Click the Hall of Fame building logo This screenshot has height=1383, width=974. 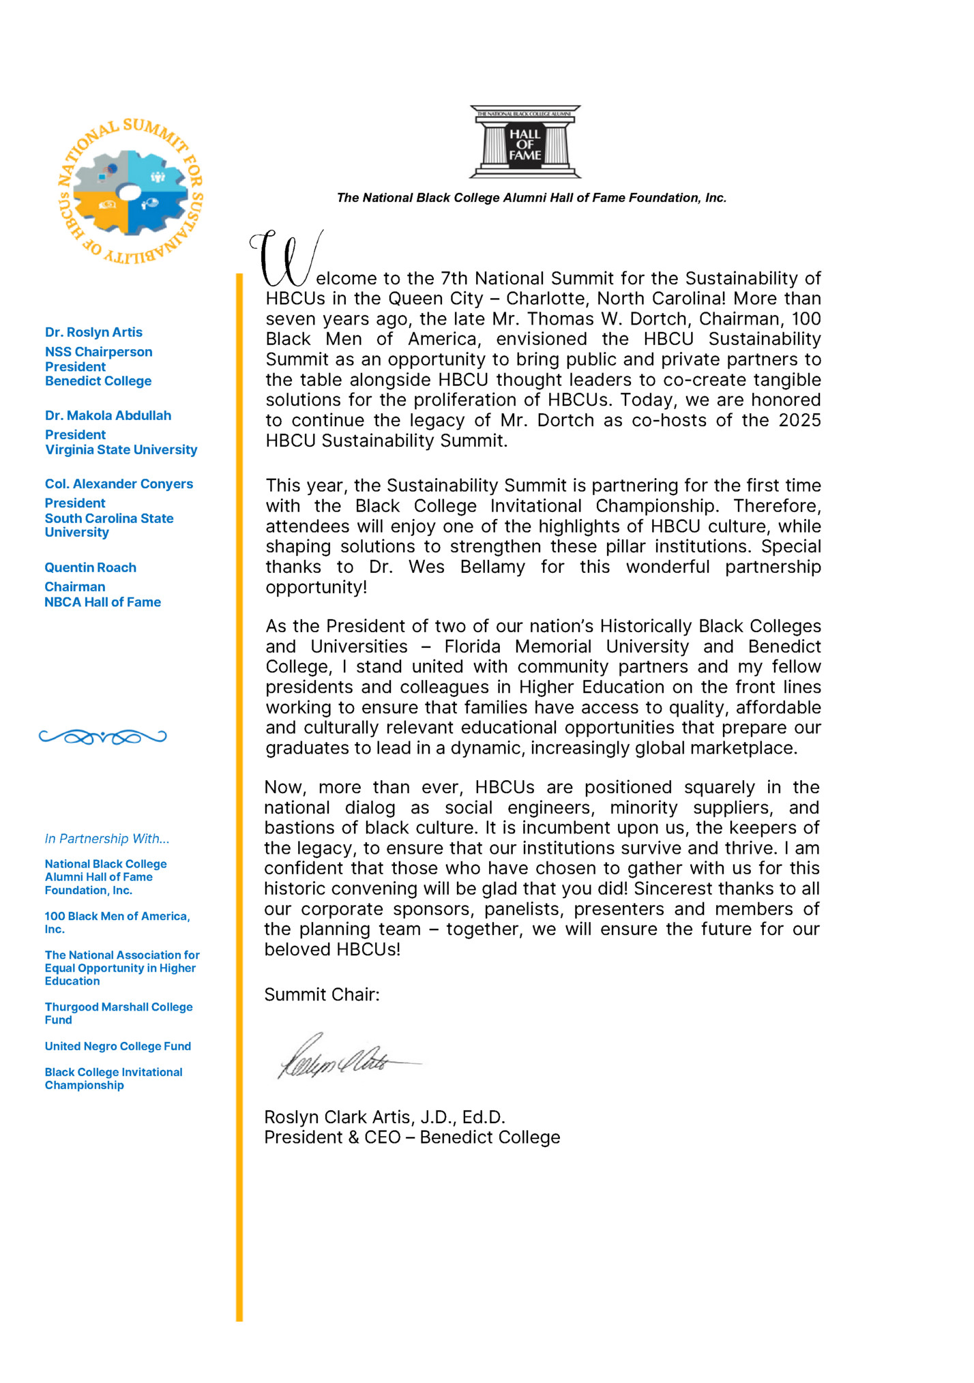click(525, 142)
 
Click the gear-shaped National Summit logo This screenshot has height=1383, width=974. click(130, 193)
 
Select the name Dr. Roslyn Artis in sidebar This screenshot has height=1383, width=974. click(93, 332)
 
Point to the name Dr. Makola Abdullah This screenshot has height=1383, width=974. click(108, 415)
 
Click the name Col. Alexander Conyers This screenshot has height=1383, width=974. click(119, 484)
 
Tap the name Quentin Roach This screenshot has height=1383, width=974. click(90, 567)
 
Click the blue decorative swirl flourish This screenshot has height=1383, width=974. click(102, 737)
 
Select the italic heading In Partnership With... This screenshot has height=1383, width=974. click(106, 839)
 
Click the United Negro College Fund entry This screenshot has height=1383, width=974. click(117, 1046)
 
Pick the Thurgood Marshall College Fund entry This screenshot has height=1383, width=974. click(118, 1013)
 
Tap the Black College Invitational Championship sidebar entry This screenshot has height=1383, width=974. click(113, 1078)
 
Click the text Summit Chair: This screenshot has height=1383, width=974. click(321, 994)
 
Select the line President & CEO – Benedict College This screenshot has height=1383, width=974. click(412, 1137)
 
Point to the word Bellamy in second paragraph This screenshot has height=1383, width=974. click(492, 567)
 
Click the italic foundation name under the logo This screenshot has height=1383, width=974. click(531, 198)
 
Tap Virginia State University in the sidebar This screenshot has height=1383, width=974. click(121, 449)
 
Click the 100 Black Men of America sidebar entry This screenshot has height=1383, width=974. click(117, 922)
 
